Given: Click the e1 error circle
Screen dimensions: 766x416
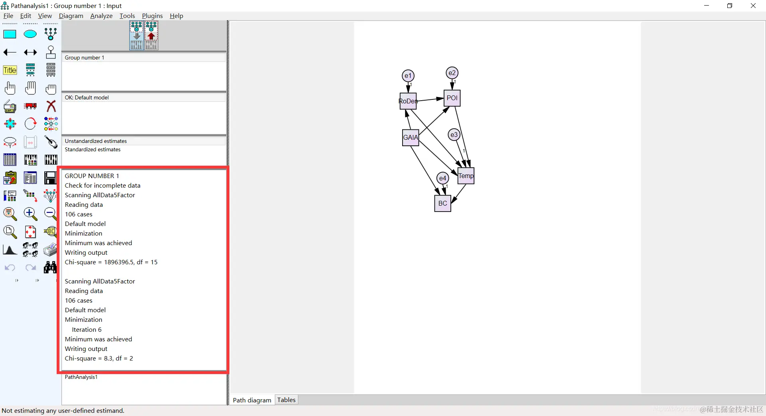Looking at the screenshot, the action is tap(408, 76).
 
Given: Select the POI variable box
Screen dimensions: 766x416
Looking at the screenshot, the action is tap(452, 98).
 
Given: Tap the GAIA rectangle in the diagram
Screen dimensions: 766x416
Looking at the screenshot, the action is tap(411, 138).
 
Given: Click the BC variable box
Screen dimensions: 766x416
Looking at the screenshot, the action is tap(443, 203).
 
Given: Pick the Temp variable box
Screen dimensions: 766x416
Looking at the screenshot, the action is tap(466, 176).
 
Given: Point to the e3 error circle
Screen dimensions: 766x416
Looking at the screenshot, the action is tap(454, 135).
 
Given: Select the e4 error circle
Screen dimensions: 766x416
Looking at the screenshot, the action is tap(443, 178).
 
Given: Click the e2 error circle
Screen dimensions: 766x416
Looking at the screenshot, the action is tap(452, 73).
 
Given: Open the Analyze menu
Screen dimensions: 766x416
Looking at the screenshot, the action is tap(101, 16).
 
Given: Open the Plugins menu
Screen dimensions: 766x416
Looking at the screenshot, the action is tap(152, 16).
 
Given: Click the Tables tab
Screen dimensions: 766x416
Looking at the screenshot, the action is tap(286, 400).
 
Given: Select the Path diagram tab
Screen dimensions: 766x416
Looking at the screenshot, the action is tap(252, 400).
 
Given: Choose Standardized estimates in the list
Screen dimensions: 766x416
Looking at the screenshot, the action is tap(93, 149).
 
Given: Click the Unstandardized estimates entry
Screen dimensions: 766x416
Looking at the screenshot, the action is tap(96, 141).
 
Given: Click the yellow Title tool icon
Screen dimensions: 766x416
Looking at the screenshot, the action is tap(10, 70).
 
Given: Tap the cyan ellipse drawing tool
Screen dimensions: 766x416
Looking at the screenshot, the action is tap(30, 34).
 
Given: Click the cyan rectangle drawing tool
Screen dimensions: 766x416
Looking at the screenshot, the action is tap(10, 34).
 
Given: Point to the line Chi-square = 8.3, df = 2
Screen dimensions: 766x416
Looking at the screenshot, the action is tap(99, 358).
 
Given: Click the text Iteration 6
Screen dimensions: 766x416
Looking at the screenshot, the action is tap(87, 329).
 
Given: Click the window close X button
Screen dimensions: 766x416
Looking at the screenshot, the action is tap(753, 6).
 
